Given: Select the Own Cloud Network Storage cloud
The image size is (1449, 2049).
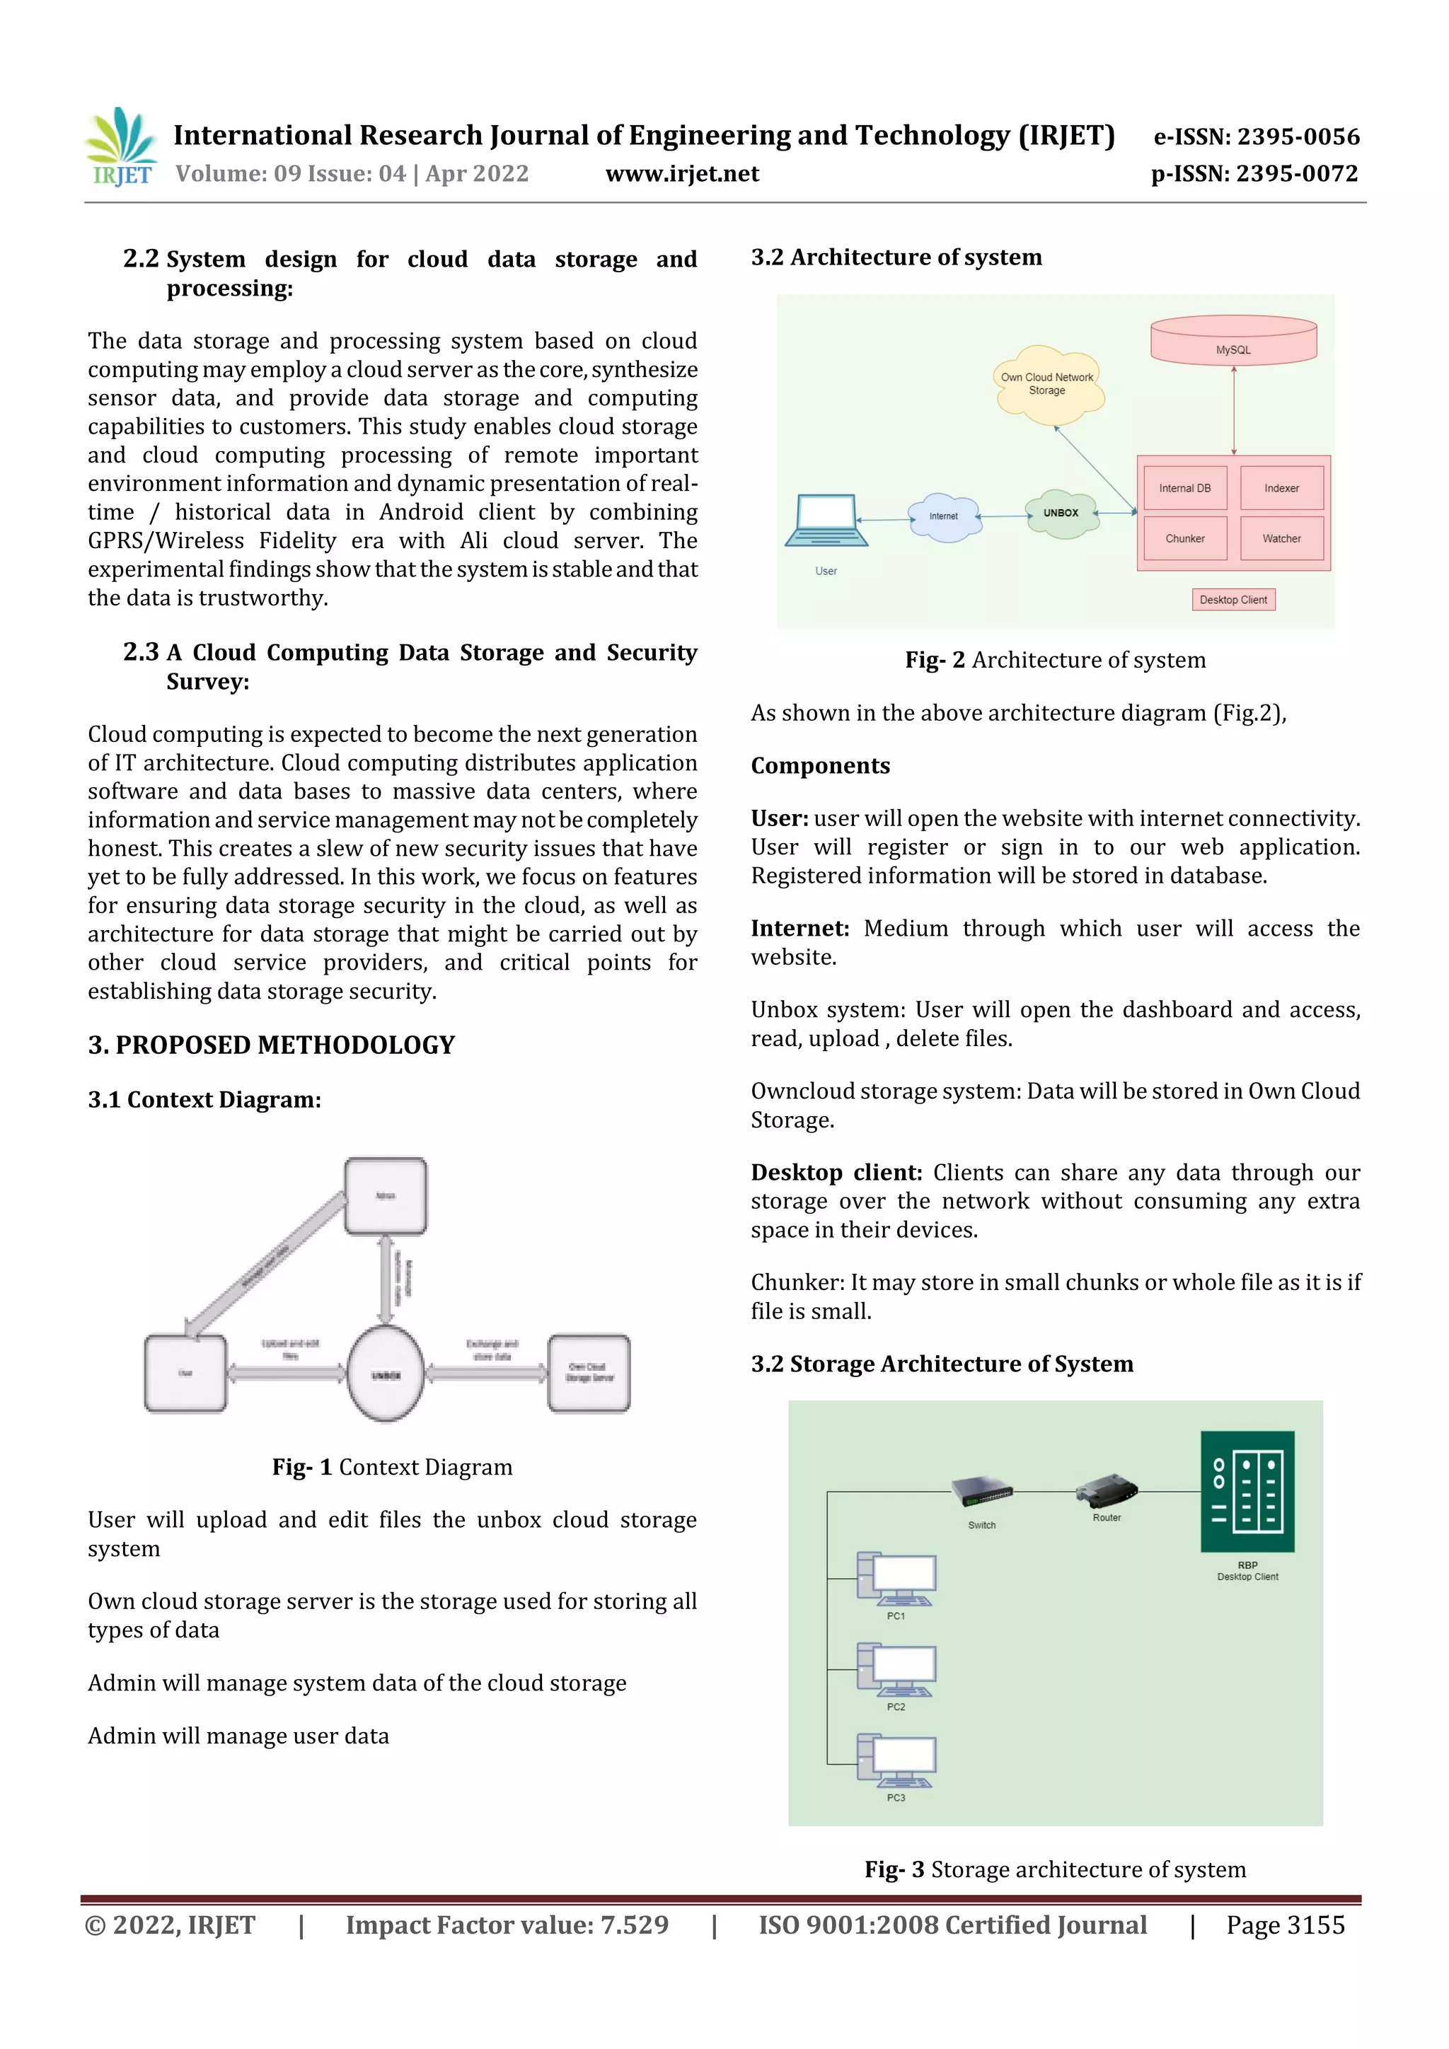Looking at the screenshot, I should [1047, 385].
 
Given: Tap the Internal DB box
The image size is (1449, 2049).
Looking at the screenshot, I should [1184, 488].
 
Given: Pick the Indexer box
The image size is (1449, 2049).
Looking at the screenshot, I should [1281, 488].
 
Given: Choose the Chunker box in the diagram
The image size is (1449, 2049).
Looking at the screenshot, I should [1184, 538].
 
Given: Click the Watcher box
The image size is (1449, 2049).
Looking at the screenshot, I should [1281, 538].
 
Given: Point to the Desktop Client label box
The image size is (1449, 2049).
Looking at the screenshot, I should [1233, 600].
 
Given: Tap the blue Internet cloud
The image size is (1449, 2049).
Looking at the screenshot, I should [944, 517].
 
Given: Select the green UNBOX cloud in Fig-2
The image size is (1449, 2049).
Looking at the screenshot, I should [1061, 513].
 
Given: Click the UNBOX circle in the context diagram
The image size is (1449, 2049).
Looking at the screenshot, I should [386, 1374].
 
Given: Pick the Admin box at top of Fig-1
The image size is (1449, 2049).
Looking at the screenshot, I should [386, 1196].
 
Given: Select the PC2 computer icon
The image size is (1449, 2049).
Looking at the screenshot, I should [896, 1670].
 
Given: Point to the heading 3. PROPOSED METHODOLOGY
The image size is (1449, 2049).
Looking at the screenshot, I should [272, 1045].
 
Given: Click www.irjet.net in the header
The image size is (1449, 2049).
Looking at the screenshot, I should [682, 174].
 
